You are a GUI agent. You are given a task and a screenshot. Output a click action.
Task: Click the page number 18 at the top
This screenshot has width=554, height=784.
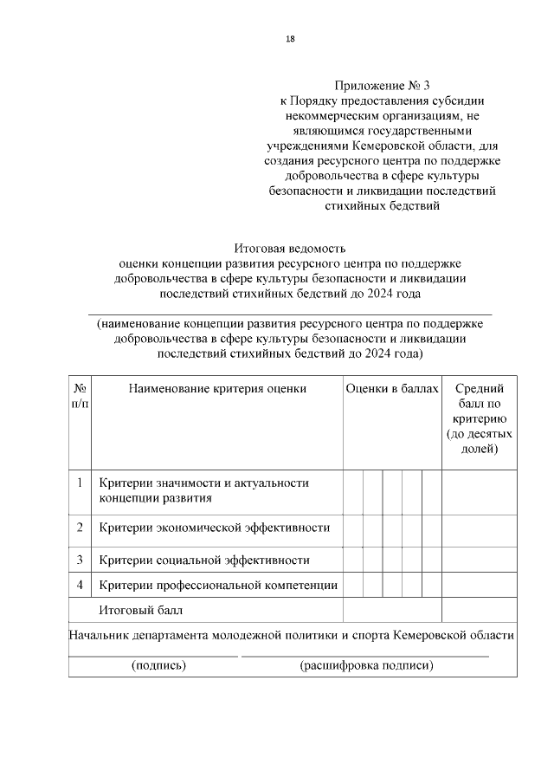point(290,38)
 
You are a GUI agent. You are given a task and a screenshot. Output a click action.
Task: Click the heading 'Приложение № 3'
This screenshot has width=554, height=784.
point(382,86)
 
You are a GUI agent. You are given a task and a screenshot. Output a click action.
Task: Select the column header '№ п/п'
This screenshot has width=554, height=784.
point(80,396)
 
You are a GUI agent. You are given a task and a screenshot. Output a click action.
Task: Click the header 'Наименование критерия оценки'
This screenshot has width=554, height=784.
point(217,389)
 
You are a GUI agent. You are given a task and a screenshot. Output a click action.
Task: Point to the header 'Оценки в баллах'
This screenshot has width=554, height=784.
point(392,389)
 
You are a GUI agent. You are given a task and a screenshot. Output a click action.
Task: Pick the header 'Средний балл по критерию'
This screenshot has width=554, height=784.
point(479,418)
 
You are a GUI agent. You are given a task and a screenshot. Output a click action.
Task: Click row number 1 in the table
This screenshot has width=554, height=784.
point(80,483)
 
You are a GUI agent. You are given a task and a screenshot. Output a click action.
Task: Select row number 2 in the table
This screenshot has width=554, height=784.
point(80,527)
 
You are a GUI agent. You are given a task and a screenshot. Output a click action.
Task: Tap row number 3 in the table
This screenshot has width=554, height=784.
point(80,560)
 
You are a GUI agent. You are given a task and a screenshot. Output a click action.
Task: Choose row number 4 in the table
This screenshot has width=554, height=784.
point(80,585)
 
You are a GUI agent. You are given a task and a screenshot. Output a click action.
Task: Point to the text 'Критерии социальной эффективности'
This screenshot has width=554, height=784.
point(204,560)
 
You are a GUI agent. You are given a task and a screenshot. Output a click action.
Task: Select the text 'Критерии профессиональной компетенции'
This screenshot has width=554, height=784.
point(218,586)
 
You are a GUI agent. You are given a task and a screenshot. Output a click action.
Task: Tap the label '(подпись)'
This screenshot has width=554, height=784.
point(158,666)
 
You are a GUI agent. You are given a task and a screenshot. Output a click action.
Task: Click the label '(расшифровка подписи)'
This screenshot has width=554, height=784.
point(365,666)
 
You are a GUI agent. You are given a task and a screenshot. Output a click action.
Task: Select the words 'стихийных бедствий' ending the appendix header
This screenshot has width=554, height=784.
point(382,206)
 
